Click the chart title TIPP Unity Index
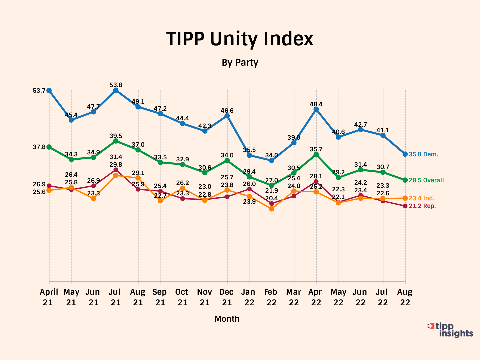[240, 39]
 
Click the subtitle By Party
[240, 62]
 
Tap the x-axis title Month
[227, 319]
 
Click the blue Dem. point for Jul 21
[116, 90]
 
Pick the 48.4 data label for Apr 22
[316, 104]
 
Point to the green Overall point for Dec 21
[227, 161]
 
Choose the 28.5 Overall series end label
[426, 180]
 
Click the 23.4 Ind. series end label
[421, 198]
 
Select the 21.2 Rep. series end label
[422, 206]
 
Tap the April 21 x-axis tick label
[49, 297]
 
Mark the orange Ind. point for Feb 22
[272, 209]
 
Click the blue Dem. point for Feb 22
[272, 160]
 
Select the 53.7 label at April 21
[39, 91]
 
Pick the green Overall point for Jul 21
[116, 141]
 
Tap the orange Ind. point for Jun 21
[94, 198]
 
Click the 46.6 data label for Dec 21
[227, 111]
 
